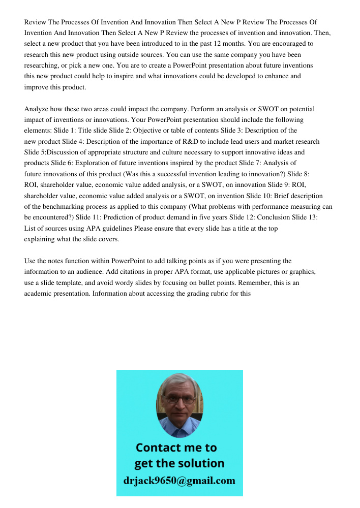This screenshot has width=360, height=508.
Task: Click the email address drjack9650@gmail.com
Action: (179, 481)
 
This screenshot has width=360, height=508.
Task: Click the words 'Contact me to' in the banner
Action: (176, 448)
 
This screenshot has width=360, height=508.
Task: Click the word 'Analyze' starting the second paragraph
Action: (36, 109)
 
